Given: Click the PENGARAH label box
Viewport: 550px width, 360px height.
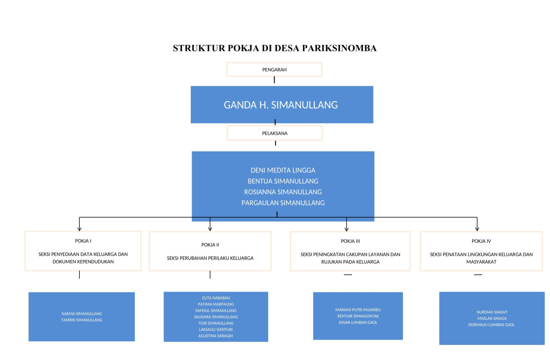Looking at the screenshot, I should click(275, 69).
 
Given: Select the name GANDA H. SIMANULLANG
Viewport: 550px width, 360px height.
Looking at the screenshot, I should click(280, 105).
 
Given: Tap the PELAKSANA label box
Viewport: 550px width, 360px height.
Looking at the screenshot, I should click(275, 133).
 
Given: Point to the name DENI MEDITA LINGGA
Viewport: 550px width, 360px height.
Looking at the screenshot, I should click(283, 170).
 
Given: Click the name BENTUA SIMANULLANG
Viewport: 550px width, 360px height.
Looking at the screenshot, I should click(283, 181).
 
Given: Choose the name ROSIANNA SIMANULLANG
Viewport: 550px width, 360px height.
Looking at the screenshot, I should click(283, 192).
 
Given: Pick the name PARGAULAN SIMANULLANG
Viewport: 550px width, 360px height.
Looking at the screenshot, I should click(283, 203).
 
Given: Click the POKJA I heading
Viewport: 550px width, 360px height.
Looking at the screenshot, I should click(83, 241).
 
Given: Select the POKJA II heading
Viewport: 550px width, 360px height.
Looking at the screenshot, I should click(210, 245).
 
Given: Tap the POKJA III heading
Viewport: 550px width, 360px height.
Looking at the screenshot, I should click(350, 241).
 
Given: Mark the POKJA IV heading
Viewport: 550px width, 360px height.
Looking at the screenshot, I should click(481, 241).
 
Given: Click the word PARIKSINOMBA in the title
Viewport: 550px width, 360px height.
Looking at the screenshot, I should click(339, 48).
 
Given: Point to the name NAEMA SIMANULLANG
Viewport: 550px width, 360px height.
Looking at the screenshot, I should click(82, 314).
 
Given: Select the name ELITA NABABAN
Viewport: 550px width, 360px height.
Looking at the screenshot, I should click(215, 298).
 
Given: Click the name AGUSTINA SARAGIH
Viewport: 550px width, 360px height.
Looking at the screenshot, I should click(215, 335).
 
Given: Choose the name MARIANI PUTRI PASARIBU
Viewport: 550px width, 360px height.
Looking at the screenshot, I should click(357, 310).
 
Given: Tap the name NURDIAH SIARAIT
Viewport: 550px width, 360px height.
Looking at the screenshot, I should click(492, 312).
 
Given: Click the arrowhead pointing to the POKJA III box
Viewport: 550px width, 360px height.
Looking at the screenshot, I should click(346, 228).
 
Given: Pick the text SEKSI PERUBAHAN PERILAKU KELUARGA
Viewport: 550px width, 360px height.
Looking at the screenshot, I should click(210, 258).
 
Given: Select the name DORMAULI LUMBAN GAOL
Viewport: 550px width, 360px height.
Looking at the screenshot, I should click(492, 325).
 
